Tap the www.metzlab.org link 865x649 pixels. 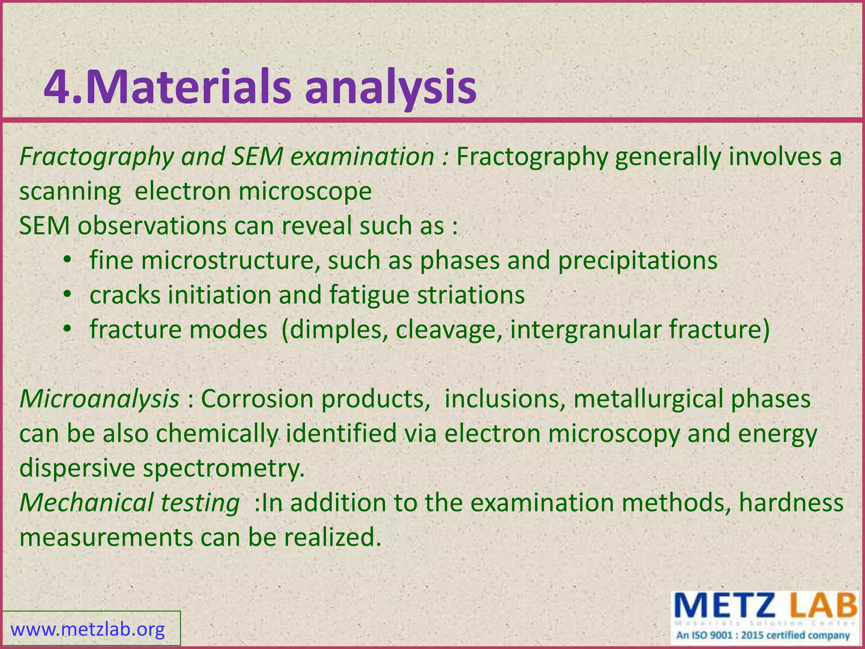point(87,630)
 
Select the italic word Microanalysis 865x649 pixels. point(99,399)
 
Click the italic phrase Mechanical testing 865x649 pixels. point(129,503)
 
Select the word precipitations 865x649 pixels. point(637,261)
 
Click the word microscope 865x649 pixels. point(305,191)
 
